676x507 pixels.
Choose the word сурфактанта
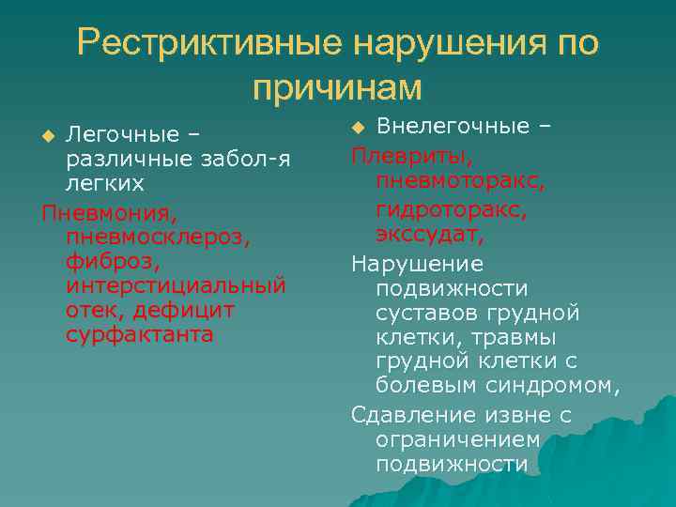140,334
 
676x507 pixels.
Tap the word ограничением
457,439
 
